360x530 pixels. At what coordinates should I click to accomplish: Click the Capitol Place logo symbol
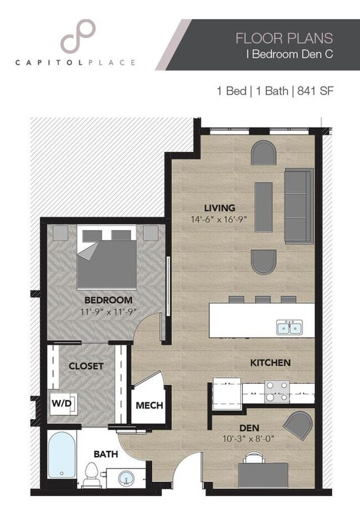[x=78, y=37]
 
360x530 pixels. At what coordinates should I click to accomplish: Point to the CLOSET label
[x=86, y=366]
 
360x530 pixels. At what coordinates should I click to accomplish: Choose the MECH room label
[x=149, y=405]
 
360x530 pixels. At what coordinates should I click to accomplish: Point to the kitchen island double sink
[x=289, y=328]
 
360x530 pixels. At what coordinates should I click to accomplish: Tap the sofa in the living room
[x=298, y=206]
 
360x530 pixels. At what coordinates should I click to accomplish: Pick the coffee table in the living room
[x=263, y=207]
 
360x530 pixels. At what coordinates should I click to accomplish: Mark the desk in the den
[x=263, y=474]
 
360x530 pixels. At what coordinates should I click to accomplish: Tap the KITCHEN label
[x=271, y=363]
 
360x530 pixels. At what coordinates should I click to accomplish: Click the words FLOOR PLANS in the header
[x=284, y=38]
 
